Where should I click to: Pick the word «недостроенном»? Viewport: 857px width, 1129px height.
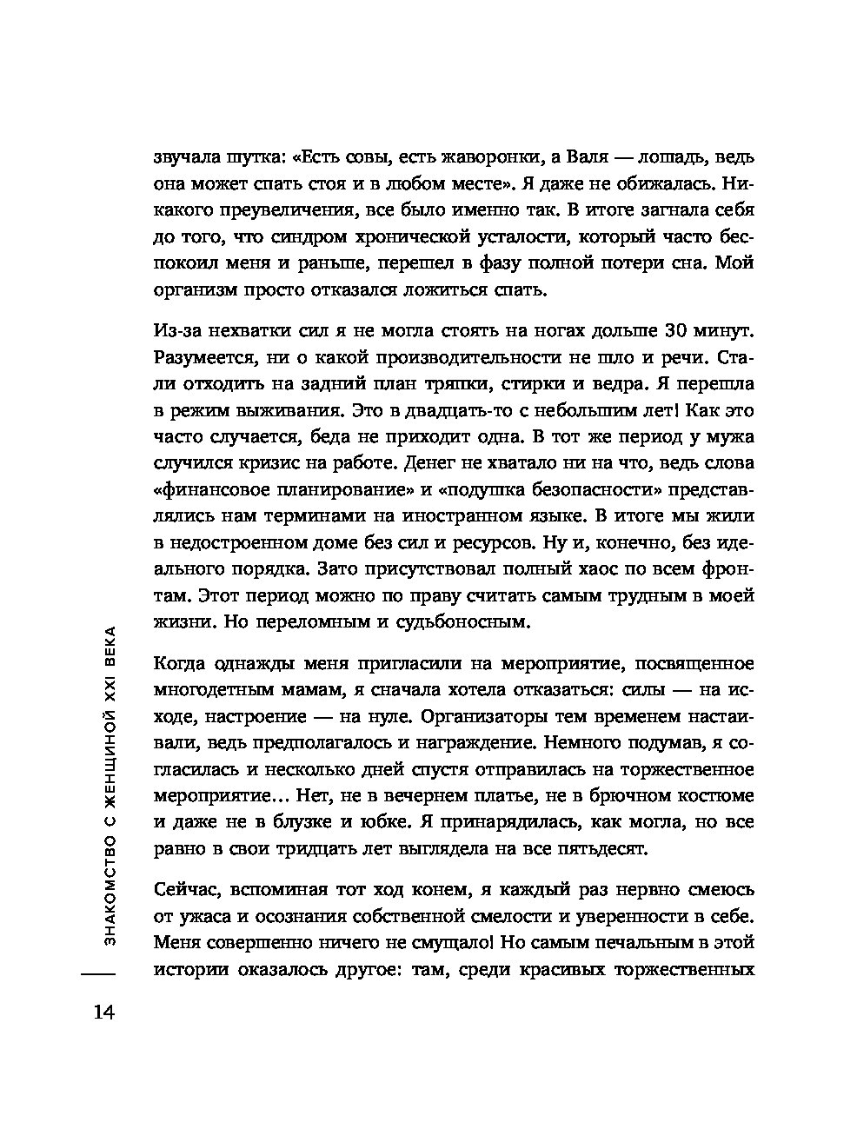pos(238,544)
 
